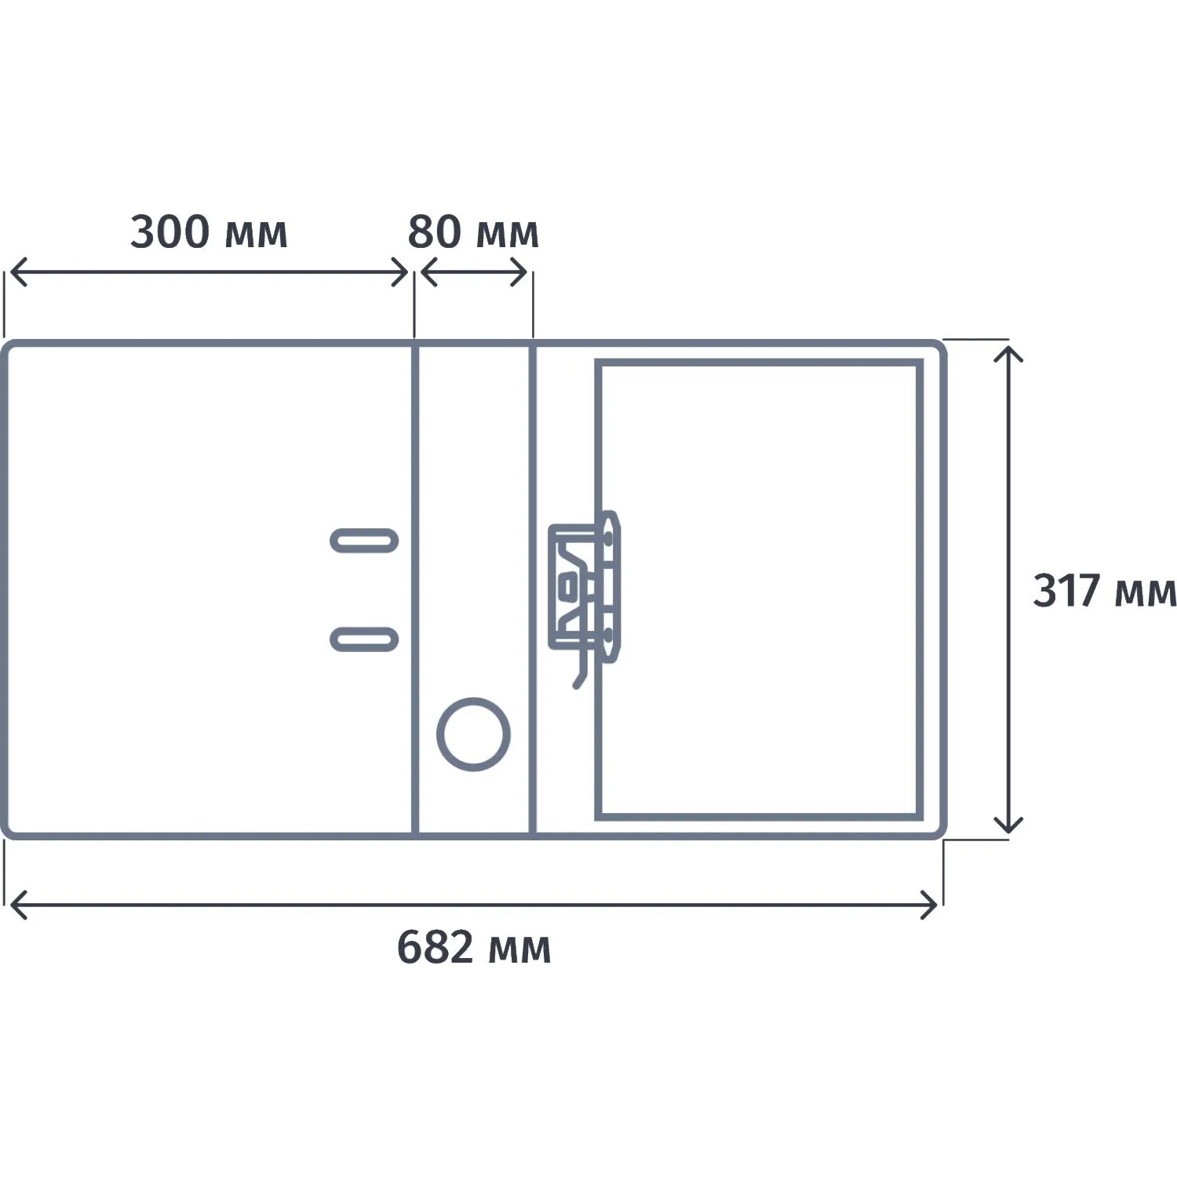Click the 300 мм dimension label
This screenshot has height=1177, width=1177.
209,232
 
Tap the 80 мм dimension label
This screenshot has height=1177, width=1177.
473,232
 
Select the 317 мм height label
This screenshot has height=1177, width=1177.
1104,590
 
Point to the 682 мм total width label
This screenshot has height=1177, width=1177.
474,947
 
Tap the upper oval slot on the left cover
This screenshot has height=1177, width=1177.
364,541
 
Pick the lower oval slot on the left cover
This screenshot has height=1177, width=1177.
364,640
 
